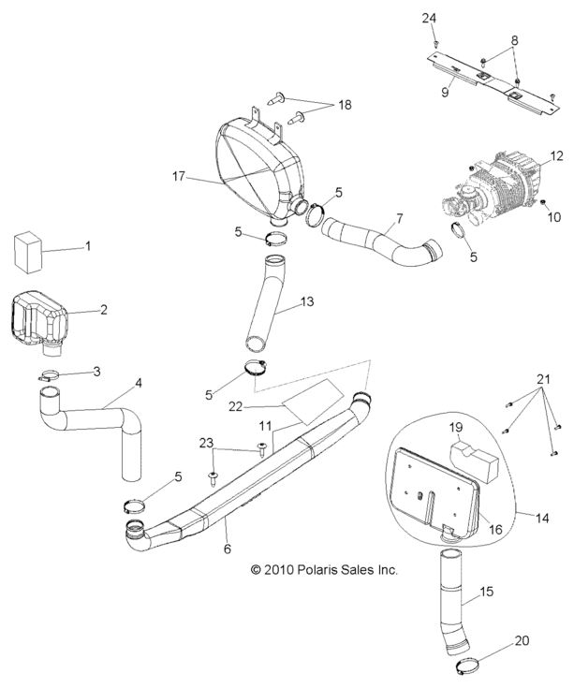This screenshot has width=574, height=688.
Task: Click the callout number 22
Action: tap(210, 405)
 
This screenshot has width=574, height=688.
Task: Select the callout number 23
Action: tap(206, 443)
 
